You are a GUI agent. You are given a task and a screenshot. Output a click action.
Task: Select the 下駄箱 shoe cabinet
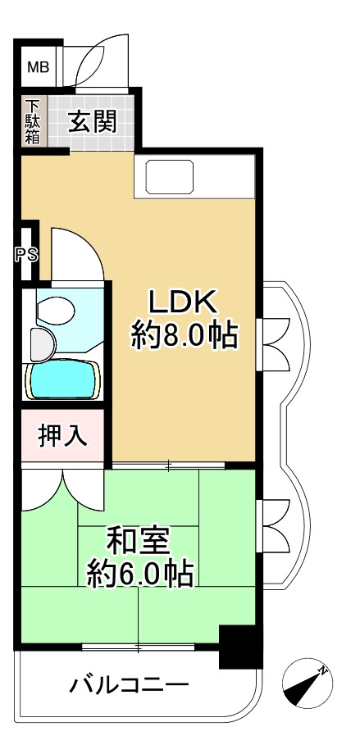tap(33, 122)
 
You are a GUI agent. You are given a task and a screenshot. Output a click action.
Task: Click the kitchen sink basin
tap(170, 175)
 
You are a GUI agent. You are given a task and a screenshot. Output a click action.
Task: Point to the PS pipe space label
tap(25, 253)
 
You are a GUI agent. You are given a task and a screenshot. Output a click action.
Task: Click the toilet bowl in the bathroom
tap(56, 311)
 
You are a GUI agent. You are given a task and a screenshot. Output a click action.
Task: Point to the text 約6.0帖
tap(139, 573)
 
